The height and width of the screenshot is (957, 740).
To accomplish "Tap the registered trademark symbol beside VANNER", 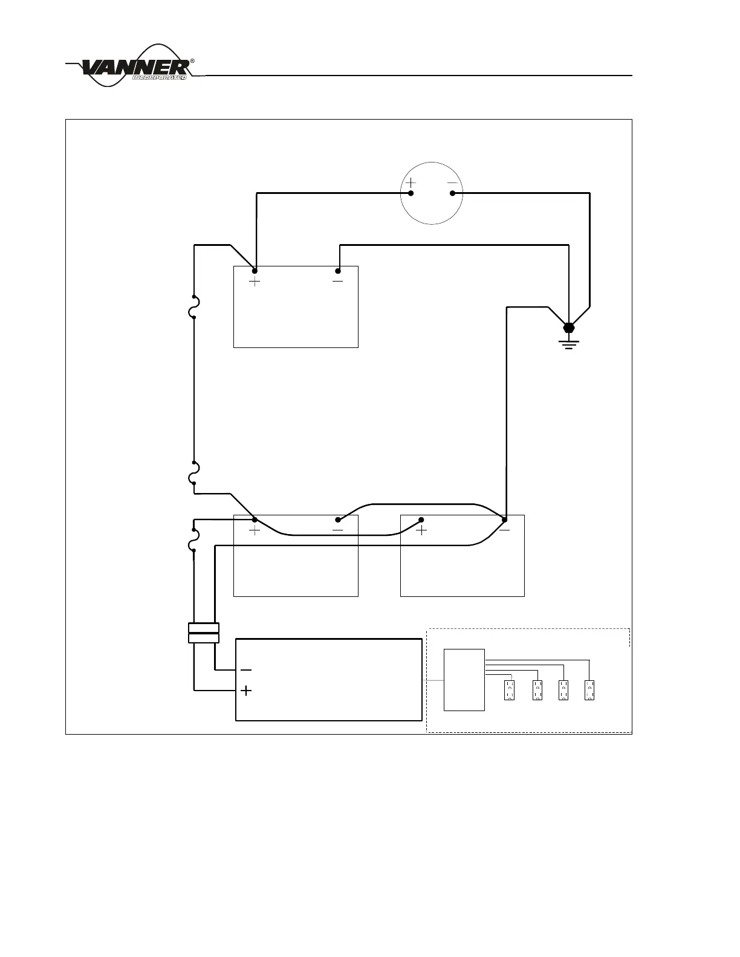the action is tap(192, 61).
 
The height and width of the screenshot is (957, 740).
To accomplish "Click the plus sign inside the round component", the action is tap(411, 182).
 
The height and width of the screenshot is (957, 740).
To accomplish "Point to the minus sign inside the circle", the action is tap(452, 182).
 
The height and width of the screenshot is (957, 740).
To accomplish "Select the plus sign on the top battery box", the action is tap(255, 282).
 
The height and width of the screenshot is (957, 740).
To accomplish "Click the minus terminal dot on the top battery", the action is tap(338, 271).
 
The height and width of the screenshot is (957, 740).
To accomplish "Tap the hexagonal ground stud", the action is tap(568, 328).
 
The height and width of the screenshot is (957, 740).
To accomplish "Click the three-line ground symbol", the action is tap(568, 345).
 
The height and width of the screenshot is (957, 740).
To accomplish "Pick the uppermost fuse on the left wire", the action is tap(193, 308).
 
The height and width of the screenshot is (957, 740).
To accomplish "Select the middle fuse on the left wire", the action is tap(193, 473).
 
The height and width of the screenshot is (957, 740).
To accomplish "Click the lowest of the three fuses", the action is tap(193, 541).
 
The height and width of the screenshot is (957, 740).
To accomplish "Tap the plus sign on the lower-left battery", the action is tap(255, 530).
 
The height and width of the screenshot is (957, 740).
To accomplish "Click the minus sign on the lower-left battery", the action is tap(337, 530).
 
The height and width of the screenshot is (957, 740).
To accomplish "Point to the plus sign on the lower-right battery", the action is tap(421, 530).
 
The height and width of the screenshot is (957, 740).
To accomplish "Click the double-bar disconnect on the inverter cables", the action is tap(204, 633).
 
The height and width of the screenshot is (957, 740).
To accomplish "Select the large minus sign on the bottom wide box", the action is tap(246, 670).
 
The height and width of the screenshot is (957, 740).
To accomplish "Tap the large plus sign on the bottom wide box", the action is tap(246, 691).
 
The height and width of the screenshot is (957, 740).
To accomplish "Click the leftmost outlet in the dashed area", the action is tap(510, 690).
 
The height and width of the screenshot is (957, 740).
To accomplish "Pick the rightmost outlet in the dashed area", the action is tap(589, 690).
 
